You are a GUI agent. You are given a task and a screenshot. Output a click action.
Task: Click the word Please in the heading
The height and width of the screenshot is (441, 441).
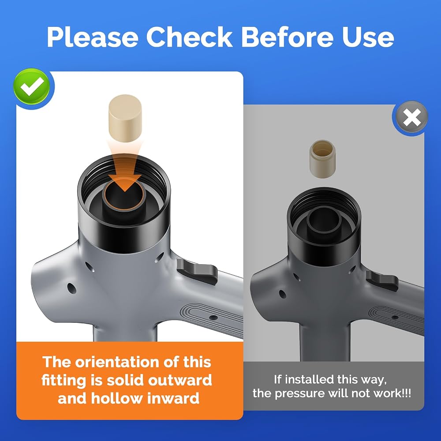92,37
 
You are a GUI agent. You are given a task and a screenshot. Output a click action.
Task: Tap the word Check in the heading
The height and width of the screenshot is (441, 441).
189,37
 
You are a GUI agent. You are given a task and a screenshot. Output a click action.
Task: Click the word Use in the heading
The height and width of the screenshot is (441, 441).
368,37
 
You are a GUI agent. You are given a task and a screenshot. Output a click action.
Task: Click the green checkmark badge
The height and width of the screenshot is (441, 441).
32,86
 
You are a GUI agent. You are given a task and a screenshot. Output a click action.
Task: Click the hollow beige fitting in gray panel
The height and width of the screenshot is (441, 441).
322,159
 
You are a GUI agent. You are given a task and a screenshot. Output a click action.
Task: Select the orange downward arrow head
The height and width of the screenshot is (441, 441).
125,183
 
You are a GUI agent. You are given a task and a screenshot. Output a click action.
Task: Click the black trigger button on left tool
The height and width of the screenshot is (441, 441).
197,271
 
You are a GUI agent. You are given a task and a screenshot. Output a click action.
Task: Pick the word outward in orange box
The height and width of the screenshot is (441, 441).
180,380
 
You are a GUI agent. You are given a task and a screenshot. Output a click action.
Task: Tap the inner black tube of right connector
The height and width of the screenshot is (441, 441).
324,221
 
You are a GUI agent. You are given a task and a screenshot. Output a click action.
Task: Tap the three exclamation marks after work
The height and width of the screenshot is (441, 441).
407,393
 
